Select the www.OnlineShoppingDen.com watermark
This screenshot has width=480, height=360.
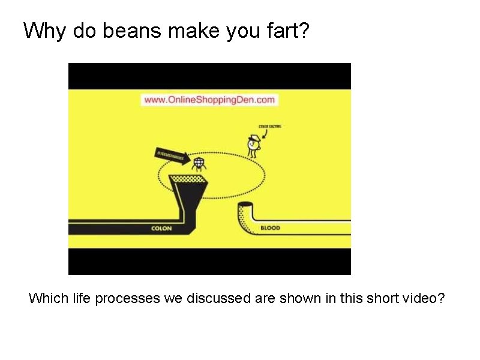click(209, 100)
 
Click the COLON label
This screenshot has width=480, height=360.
click(162, 229)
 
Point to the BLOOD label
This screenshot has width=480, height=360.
click(270, 229)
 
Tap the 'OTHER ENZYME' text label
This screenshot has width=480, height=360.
click(269, 127)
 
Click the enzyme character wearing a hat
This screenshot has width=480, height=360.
click(254, 145)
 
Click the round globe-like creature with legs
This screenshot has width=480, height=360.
click(199, 163)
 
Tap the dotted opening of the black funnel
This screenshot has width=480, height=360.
click(188, 179)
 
